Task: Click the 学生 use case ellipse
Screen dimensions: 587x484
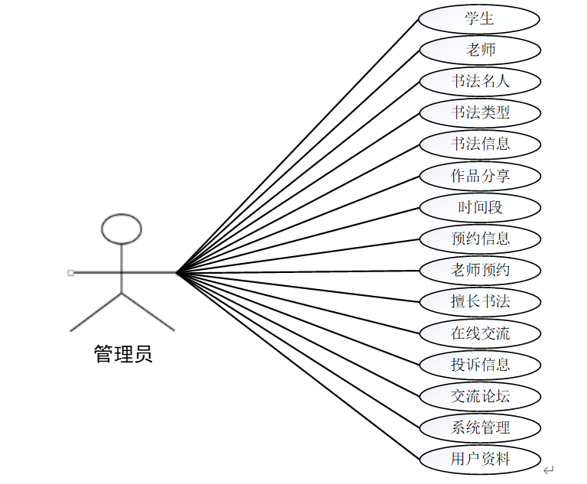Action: tap(480, 18)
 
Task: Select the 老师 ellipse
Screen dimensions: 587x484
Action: tap(480, 50)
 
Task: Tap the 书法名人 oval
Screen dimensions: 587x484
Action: tap(480, 81)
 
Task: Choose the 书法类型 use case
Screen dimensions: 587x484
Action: tap(480, 112)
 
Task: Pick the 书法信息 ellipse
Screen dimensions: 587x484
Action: tap(480, 144)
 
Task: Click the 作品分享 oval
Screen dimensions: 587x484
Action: tap(480, 175)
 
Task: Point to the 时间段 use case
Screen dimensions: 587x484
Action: tap(480, 206)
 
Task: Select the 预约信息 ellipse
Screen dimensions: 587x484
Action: tap(480, 238)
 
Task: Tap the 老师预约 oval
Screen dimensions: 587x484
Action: tap(480, 269)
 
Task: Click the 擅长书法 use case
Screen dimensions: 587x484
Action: tap(480, 301)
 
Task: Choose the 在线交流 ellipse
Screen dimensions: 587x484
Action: tap(480, 333)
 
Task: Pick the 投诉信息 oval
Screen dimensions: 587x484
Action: tap(480, 364)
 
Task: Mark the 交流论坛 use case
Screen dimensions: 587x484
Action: tap(480, 395)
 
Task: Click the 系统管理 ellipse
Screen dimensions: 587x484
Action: tap(480, 427)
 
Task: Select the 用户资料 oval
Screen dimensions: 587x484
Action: tap(480, 458)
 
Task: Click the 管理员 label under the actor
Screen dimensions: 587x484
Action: tap(123, 354)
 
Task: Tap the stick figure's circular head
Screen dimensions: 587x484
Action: tap(122, 228)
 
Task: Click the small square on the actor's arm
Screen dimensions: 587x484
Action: tap(70, 272)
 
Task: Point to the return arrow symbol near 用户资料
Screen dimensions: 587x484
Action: tap(548, 469)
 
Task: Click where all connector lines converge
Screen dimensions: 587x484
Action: tap(177, 271)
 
